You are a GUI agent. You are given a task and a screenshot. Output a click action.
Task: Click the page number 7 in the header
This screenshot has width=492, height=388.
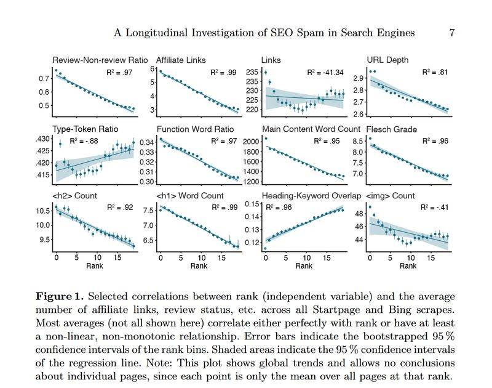[x=452, y=33]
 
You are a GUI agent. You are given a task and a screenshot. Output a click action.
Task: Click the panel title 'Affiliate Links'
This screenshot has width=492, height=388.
[x=181, y=60]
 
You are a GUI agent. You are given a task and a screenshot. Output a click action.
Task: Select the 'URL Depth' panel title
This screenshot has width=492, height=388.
[x=387, y=60]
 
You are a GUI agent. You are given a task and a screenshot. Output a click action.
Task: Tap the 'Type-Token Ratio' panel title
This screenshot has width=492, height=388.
[x=85, y=129]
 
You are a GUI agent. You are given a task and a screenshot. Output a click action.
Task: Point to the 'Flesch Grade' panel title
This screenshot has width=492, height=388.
[x=391, y=129]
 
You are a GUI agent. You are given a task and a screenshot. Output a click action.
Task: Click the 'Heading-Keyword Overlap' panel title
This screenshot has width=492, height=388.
[x=311, y=196]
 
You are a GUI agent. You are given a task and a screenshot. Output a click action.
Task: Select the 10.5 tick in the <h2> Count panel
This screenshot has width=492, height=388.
[x=41, y=211]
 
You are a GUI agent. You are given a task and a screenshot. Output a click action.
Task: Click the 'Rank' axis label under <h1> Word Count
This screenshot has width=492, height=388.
[x=198, y=266]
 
